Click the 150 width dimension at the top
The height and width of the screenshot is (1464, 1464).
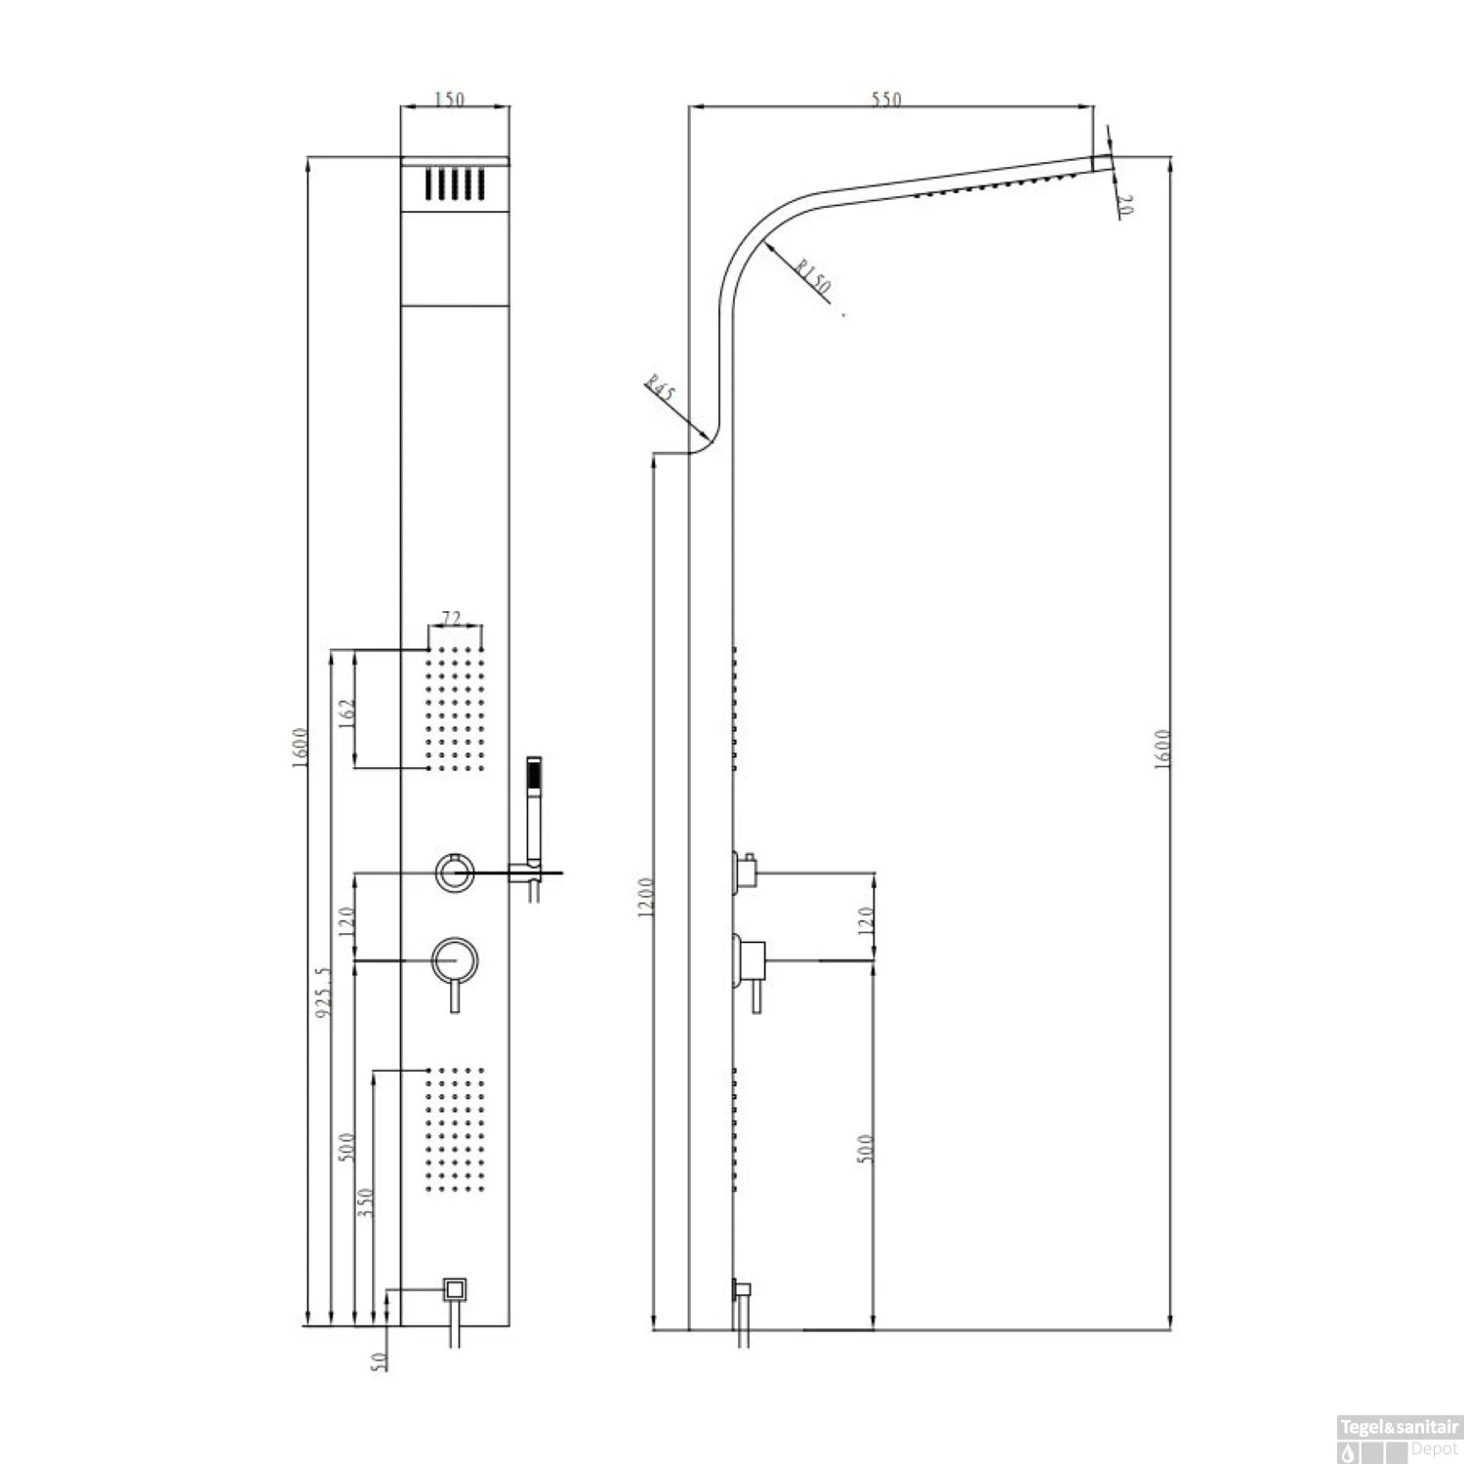[x=450, y=99]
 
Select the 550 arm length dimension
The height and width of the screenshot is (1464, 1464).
[x=886, y=99]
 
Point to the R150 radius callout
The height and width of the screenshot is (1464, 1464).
[x=811, y=276]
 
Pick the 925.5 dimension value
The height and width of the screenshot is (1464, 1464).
[x=325, y=993]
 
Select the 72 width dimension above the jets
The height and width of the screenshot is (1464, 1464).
[x=452, y=618]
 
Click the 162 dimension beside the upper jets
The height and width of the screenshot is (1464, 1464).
[x=346, y=710]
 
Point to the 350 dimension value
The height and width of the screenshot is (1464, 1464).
[x=365, y=1202]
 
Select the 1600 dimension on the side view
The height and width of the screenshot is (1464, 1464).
[x=1161, y=749]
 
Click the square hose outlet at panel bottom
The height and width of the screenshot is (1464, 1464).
[x=455, y=1289]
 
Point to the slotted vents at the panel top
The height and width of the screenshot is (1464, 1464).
[x=455, y=184]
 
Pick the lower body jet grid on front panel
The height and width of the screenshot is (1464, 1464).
[x=455, y=1129]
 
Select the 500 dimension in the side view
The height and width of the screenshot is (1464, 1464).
[x=866, y=1147]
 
